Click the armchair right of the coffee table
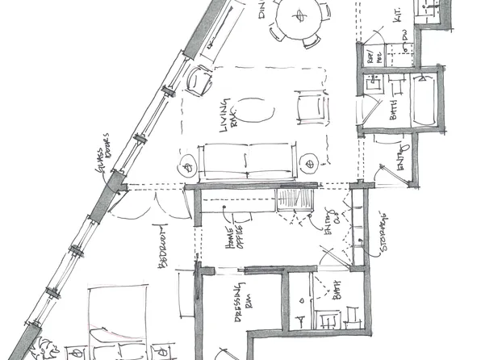(x=308, y=107)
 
